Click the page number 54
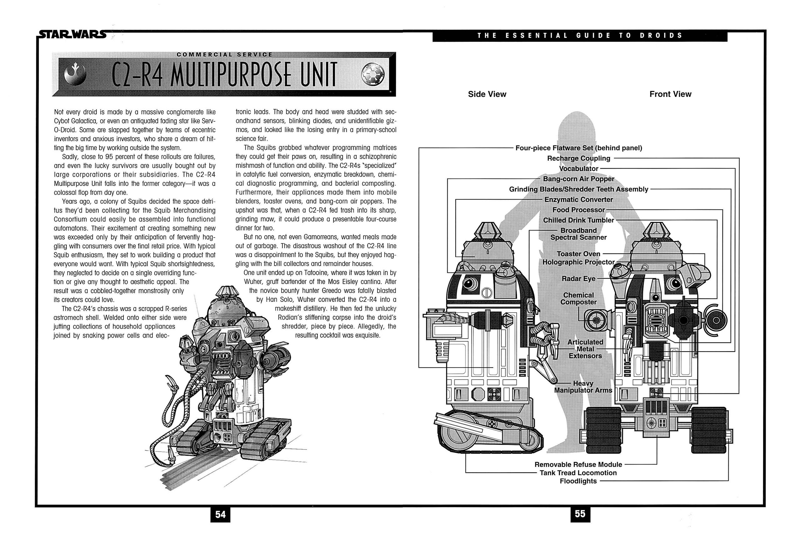tap(220, 514)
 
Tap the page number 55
tap(580, 514)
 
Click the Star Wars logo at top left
tap(72, 34)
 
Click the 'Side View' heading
tap(487, 94)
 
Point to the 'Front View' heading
tap(670, 94)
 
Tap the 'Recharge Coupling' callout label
tap(578, 158)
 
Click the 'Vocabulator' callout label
tap(578, 169)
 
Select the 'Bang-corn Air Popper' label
tap(578, 179)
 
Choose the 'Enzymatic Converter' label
tap(578, 200)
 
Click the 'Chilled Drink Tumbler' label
tap(578, 220)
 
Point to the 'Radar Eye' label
tap(578, 278)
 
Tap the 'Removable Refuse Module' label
tap(578, 464)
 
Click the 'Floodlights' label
tap(578, 481)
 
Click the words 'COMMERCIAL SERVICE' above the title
tap(224, 54)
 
